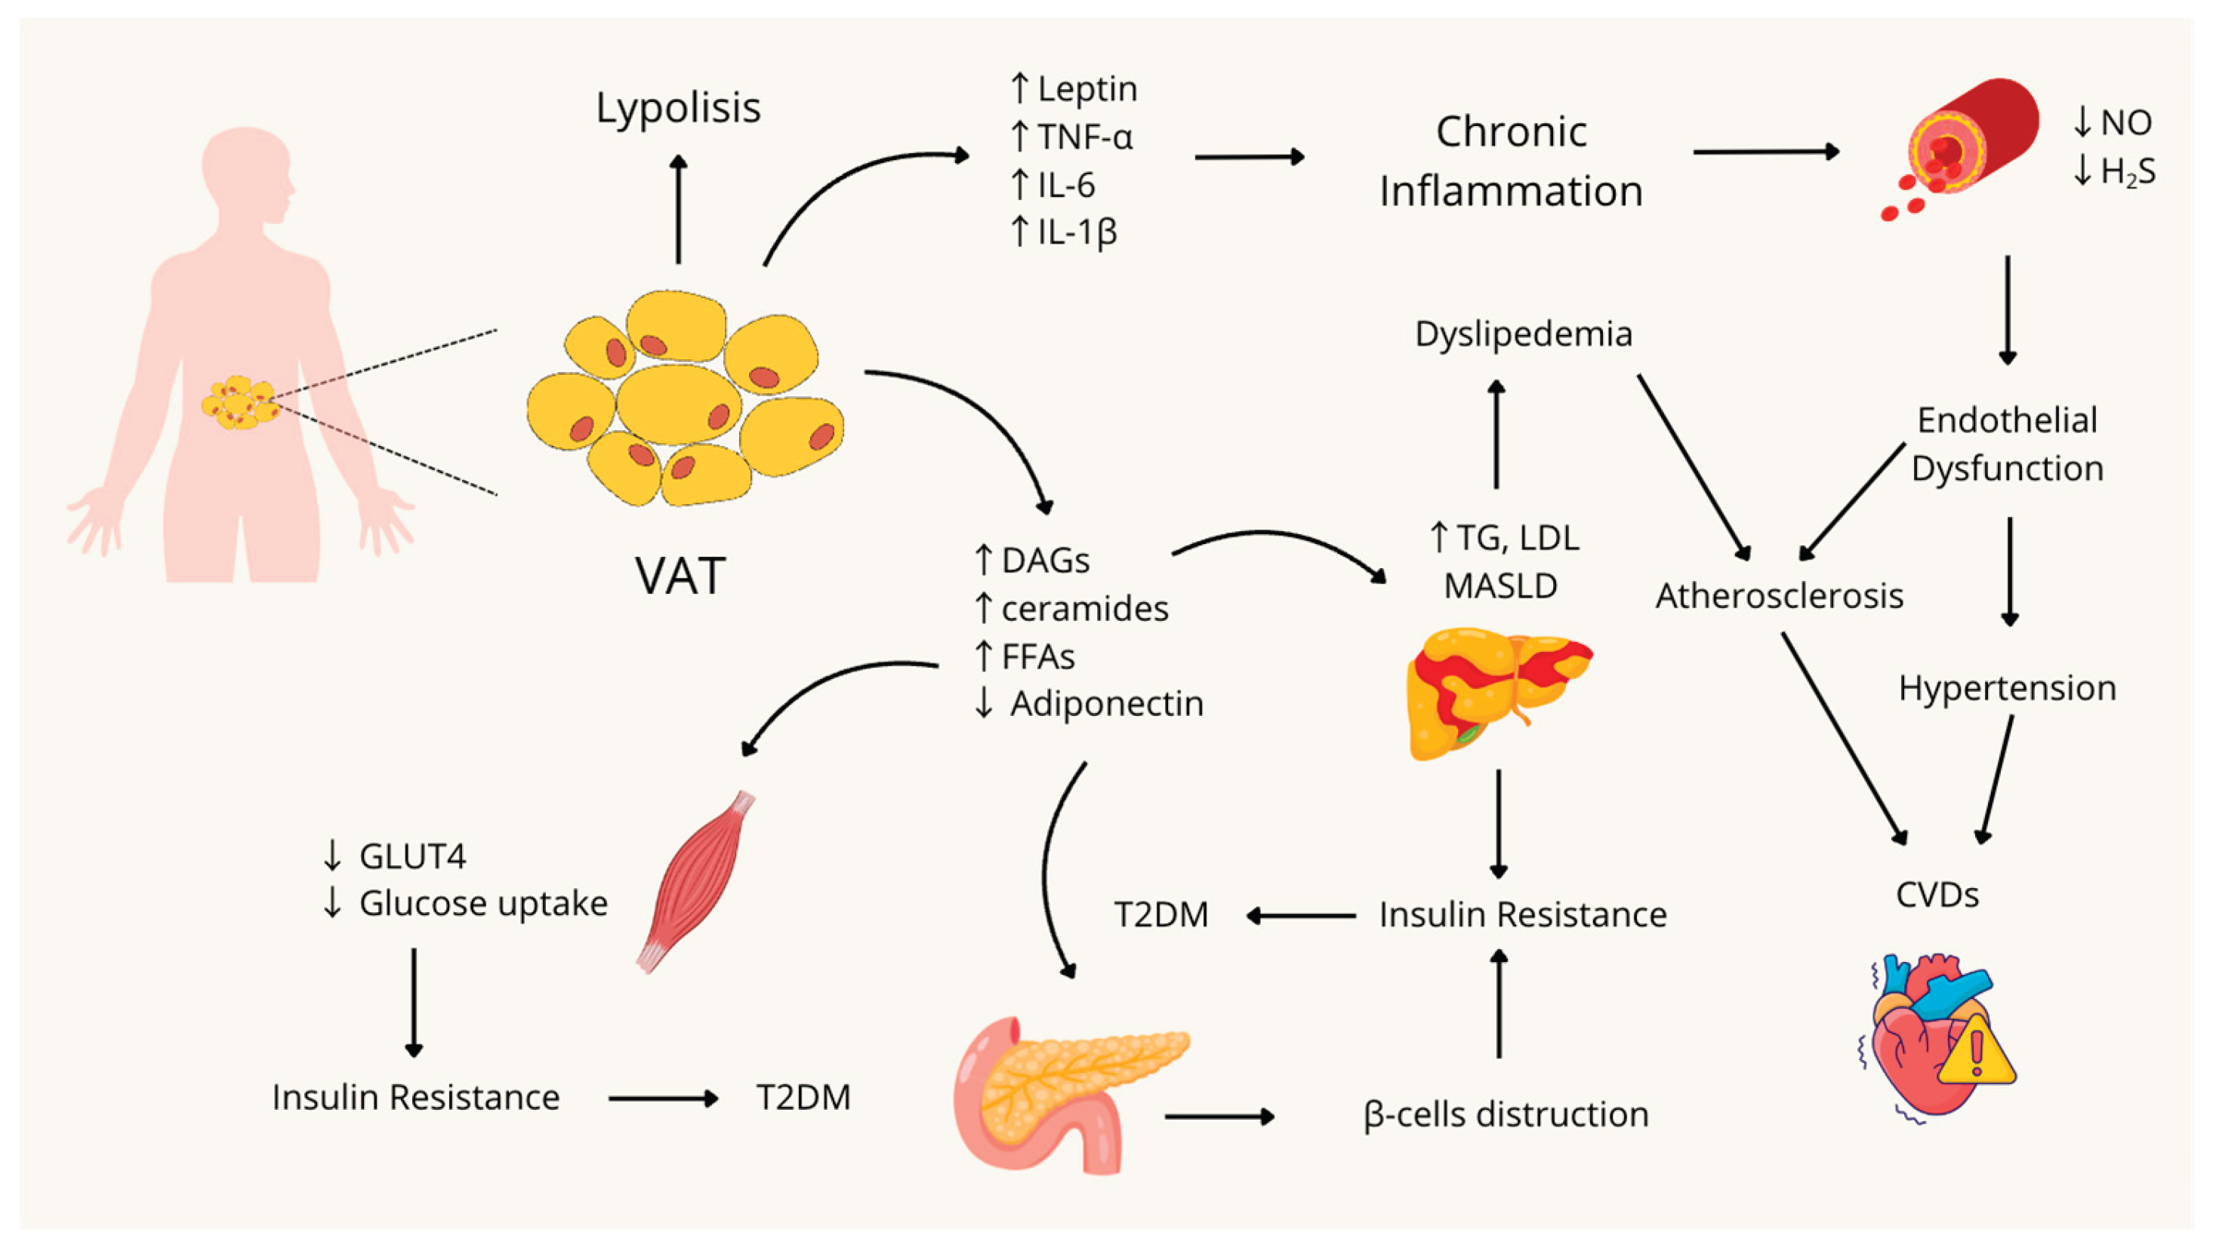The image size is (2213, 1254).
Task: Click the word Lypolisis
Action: [678, 108]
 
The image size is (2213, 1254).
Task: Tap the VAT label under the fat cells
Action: [680, 576]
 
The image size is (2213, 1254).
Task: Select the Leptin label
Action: [1086, 89]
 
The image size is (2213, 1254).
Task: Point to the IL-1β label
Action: [1077, 232]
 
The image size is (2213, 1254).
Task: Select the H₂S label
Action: [2127, 171]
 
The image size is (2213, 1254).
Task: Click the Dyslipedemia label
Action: [1523, 333]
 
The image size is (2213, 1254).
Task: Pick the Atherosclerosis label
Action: [1779, 596]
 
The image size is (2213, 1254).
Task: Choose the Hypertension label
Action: [2007, 688]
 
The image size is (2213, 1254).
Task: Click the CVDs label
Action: [1937, 896]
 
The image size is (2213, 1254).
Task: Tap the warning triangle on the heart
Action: [1976, 1054]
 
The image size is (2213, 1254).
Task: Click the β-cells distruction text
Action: [1506, 1114]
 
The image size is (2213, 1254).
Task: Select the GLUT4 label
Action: [412, 856]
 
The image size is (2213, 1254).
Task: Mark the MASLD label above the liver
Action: [1500, 586]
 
